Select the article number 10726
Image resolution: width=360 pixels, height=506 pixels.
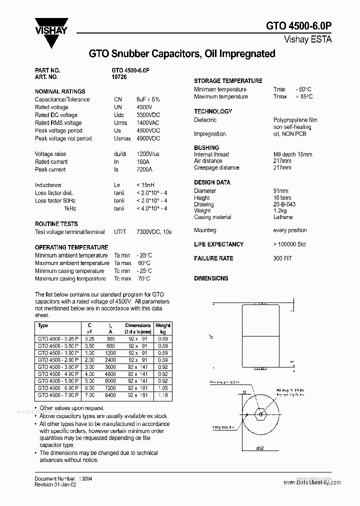117,77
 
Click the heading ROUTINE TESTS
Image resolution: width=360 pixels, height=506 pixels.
56,224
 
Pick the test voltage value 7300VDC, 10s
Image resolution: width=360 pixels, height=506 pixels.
154,232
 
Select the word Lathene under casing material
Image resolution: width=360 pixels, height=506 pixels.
283,217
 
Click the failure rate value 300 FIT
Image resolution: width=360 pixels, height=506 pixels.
282,258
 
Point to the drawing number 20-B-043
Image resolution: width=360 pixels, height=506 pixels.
284,204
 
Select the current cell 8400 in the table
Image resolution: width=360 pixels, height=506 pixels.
110,395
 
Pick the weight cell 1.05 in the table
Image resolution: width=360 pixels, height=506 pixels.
163,388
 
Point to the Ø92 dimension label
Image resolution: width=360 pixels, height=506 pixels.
260,448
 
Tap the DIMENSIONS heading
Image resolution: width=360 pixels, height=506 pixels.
211,278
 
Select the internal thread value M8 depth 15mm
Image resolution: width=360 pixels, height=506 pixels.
292,154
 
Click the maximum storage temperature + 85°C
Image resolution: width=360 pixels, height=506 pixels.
303,96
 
